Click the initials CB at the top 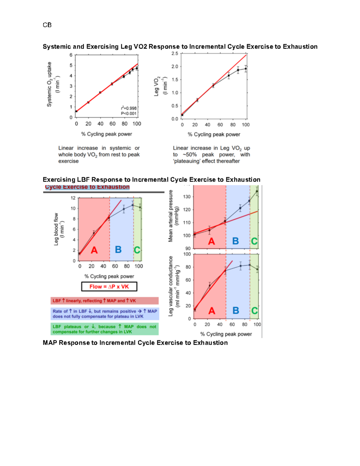(x=47, y=25)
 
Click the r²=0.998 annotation (x=129, y=108)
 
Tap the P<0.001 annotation (x=129, y=113)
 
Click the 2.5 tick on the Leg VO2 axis (x=175, y=53)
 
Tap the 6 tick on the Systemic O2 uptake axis (x=71, y=55)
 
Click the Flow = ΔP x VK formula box (x=109, y=287)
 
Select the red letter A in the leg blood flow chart (x=94, y=250)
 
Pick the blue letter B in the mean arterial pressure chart (x=235, y=241)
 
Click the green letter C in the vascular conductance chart (x=254, y=310)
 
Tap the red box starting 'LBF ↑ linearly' (x=104, y=301)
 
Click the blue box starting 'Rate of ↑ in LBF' (x=104, y=314)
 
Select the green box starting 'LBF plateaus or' (x=104, y=329)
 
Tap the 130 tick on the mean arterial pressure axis (x=187, y=197)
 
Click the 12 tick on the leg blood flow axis (x=73, y=198)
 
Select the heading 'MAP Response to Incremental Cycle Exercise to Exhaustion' (x=135, y=343)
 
